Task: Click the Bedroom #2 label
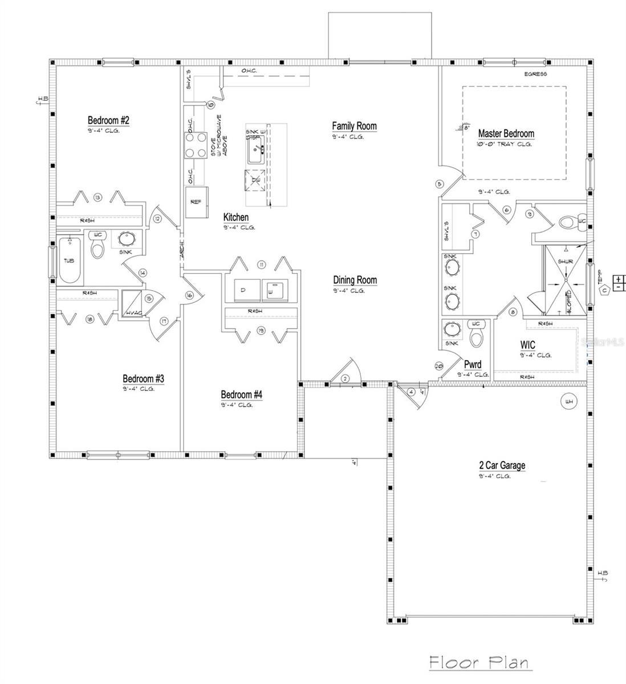108,120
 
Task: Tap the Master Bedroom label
506,133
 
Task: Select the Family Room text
354,126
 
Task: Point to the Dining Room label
355,280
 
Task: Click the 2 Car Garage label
502,465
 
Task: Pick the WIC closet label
527,345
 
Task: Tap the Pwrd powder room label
473,365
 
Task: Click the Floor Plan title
478,663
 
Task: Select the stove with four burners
195,145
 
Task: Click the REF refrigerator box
196,202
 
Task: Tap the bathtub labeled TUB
69,260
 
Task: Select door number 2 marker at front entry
345,378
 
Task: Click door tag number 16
189,295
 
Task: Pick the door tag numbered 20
439,366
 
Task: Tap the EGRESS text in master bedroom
535,74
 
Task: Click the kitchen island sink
254,151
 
